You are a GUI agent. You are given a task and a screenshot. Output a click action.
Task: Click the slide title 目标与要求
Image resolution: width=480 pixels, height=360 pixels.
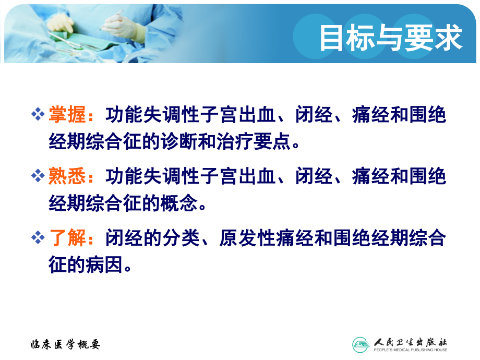click(x=391, y=39)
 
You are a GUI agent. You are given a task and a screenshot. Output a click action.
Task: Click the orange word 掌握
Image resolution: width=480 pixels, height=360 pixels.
click(x=67, y=115)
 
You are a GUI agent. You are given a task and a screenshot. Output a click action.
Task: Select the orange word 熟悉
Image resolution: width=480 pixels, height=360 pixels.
click(x=67, y=176)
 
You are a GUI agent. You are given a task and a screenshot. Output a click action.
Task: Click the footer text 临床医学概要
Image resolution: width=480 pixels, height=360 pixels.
click(x=64, y=344)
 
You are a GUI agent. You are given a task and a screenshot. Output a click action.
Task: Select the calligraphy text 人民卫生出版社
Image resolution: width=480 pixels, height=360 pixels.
click(x=410, y=342)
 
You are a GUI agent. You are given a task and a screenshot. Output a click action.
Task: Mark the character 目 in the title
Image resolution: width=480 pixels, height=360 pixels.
click(x=332, y=39)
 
